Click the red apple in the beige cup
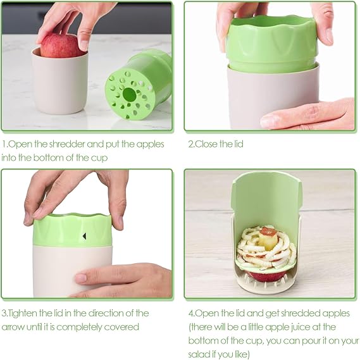(x=60, y=45)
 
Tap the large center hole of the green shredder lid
(x=129, y=94)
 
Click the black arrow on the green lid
(x=85, y=236)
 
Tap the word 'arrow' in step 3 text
(x=13, y=327)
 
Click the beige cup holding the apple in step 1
(x=60, y=82)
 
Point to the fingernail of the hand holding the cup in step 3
(x=80, y=278)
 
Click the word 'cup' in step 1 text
(x=99, y=158)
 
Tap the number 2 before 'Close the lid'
(x=190, y=144)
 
